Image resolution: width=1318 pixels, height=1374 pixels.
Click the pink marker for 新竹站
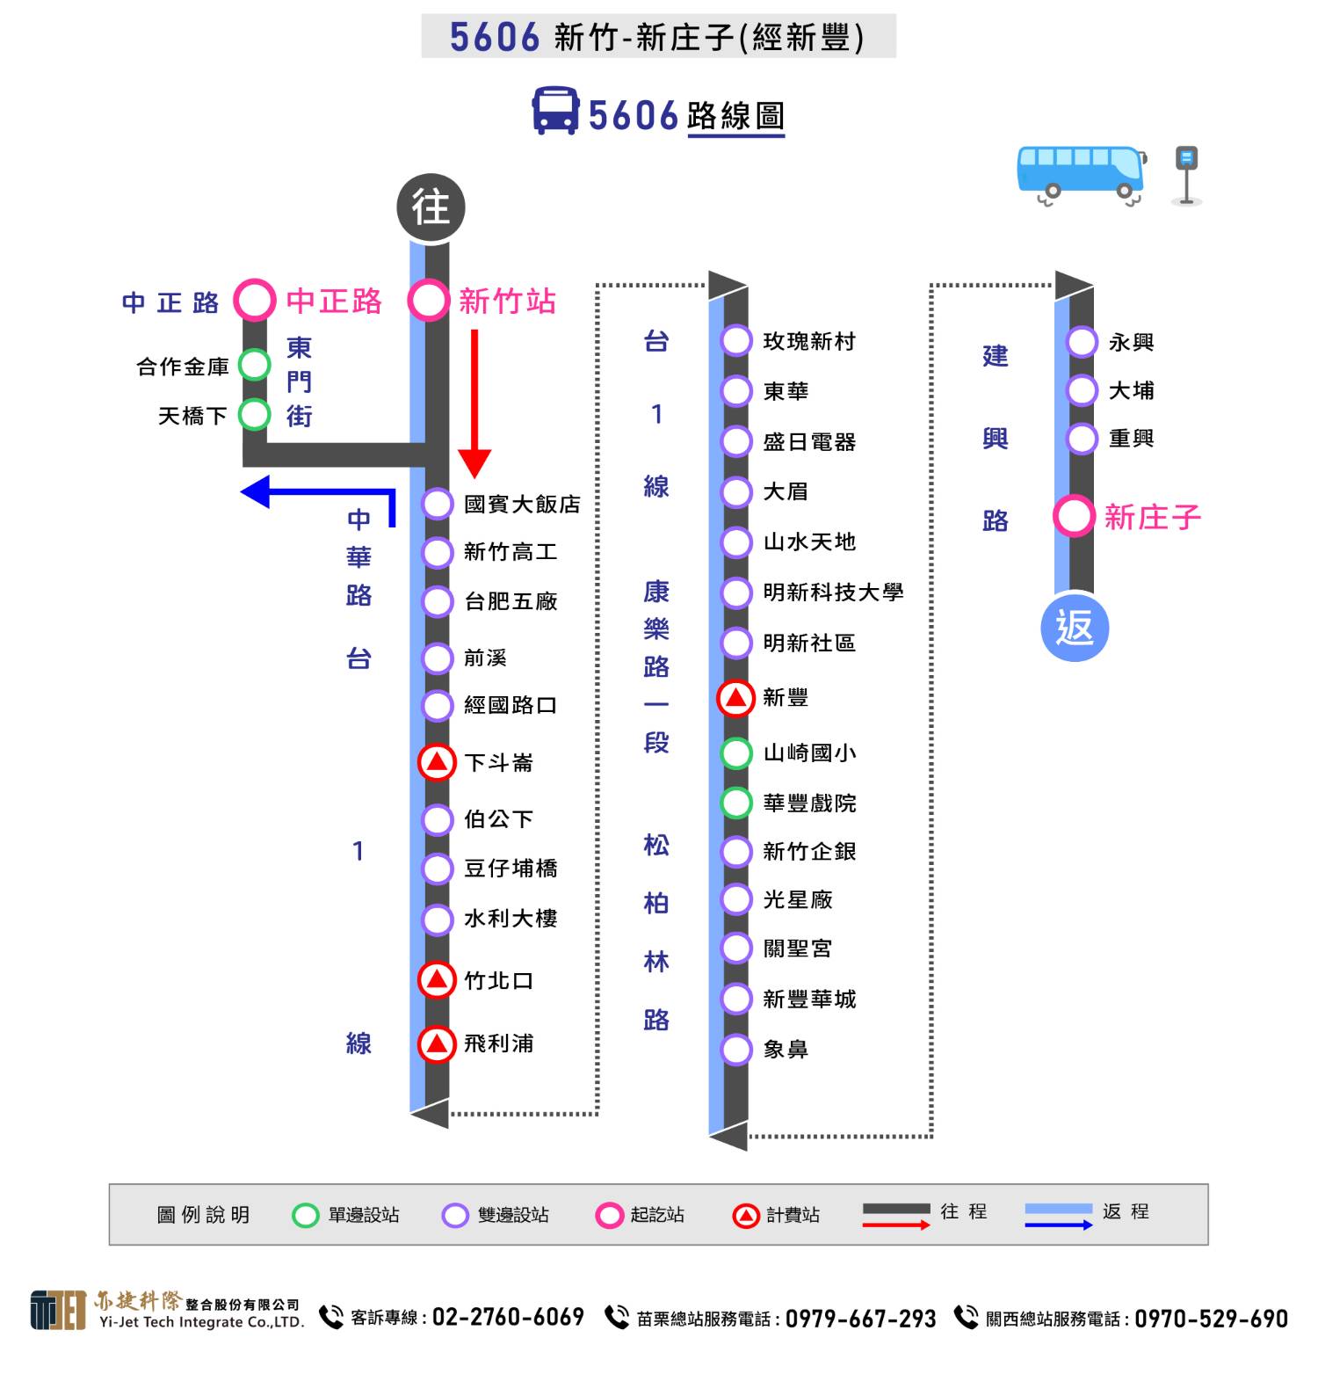(429, 301)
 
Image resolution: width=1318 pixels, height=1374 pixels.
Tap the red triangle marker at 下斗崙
(437, 762)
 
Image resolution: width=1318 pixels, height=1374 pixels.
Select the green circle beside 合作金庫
(254, 365)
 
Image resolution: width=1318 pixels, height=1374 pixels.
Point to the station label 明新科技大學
(833, 592)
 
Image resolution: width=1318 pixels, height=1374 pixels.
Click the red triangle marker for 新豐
(736, 698)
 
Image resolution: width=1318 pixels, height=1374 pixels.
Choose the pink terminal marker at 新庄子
(1074, 516)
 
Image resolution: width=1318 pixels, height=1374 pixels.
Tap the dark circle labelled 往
(431, 207)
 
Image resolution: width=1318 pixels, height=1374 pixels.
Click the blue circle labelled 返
(1075, 628)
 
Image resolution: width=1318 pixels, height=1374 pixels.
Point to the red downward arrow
(474, 403)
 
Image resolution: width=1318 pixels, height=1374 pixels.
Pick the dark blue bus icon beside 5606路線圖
(556, 111)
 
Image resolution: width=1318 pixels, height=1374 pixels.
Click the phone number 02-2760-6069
(508, 1317)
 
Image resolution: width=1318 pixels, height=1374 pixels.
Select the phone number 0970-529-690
(1211, 1319)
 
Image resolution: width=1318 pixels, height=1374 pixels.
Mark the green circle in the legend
(305, 1215)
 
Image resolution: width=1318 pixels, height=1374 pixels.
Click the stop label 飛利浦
(498, 1043)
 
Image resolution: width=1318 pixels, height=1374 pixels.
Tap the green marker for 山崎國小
(736, 753)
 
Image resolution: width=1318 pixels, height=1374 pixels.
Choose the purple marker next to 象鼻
(736, 1049)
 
